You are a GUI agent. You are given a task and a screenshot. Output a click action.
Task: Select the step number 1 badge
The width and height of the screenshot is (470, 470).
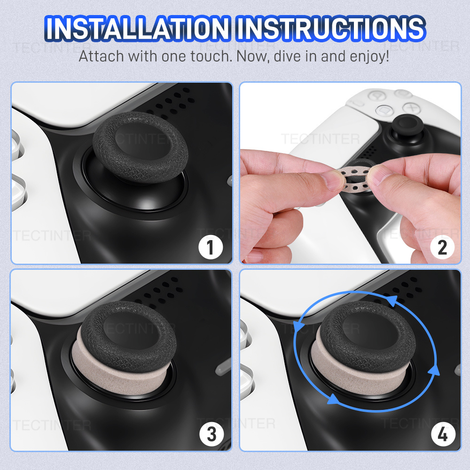(x=211, y=247)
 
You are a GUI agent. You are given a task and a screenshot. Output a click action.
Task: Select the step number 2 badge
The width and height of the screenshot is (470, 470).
(x=442, y=247)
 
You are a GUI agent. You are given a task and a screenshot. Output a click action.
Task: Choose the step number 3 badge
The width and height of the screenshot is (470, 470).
(x=211, y=434)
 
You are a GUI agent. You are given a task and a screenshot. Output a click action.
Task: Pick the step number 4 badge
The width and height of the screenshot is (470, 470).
(x=443, y=434)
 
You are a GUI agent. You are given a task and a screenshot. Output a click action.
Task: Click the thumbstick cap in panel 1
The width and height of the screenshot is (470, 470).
(x=140, y=147)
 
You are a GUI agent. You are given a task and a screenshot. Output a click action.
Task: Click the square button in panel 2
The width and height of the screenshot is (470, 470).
(x=384, y=110)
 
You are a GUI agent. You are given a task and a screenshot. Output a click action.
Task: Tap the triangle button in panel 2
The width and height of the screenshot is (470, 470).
(x=376, y=95)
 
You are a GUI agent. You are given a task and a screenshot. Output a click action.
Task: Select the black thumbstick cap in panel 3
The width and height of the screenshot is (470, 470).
(x=129, y=337)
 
